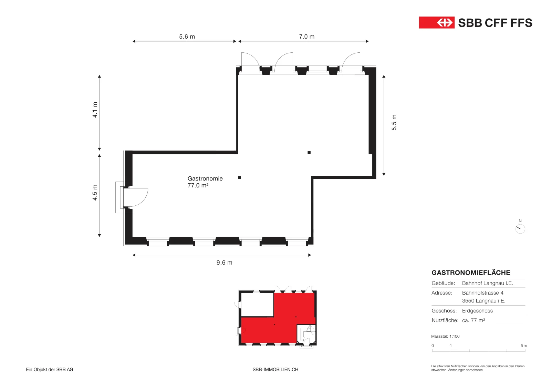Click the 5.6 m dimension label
point(187,37)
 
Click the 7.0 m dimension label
point(307,37)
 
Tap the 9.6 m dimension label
point(224,263)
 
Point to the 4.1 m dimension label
point(95,110)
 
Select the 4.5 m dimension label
point(95,193)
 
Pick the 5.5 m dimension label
point(394,123)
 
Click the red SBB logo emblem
point(437,23)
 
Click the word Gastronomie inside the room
point(205,178)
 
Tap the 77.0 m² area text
point(198,185)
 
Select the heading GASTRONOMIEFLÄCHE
point(471,273)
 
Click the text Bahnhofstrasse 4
point(482,293)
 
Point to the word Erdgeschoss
point(477,311)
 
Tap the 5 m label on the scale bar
point(524,346)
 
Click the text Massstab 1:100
point(445,336)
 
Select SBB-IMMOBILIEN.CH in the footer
point(275,370)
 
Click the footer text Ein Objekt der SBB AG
point(50,370)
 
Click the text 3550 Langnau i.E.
point(484,301)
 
